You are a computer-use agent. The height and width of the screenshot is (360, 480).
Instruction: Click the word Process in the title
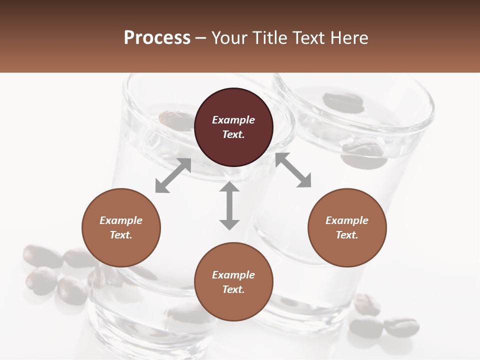pos(157,38)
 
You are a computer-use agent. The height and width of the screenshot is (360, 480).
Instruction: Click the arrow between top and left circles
pos(173,175)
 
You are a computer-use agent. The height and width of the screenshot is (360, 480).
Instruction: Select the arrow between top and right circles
pos(293,170)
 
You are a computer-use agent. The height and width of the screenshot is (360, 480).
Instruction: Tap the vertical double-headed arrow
pos(229,205)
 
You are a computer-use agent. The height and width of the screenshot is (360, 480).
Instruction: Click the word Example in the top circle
pos(233,120)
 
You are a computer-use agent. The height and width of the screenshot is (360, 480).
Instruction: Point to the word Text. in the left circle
pos(121,235)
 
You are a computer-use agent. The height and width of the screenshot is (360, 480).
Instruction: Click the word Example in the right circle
pos(347,220)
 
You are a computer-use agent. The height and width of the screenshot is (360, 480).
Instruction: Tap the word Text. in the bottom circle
pos(233,289)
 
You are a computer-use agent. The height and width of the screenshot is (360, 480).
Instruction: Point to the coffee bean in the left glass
pos(175,120)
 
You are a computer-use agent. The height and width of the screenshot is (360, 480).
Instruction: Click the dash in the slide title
pos(200,38)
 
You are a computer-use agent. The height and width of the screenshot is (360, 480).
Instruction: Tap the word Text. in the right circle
pos(347,235)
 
